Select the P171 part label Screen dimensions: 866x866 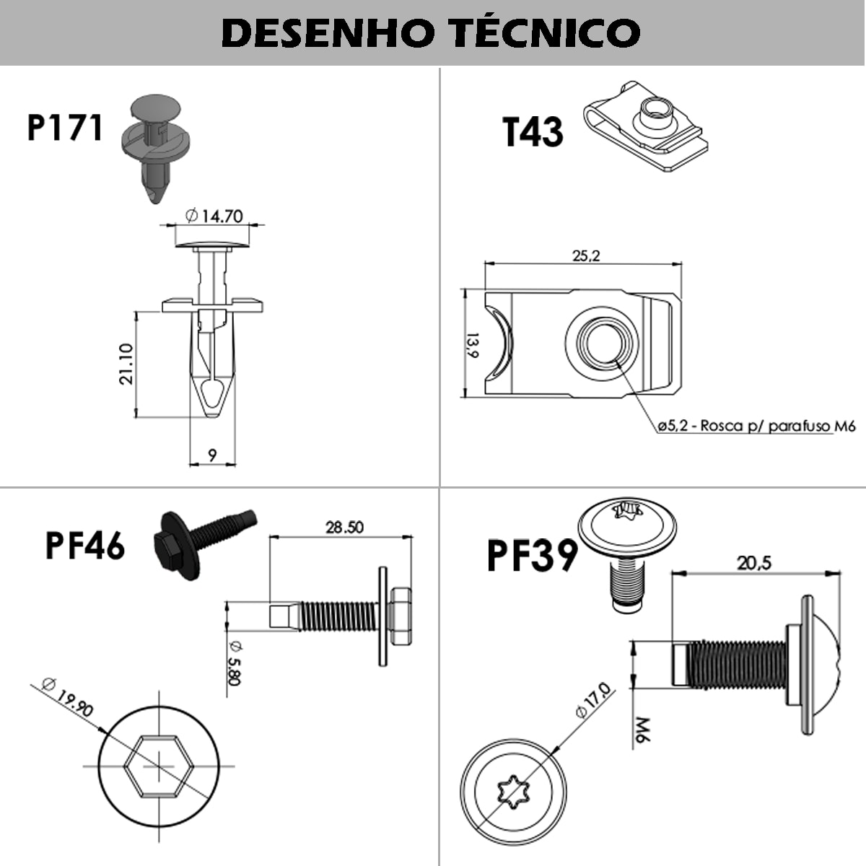pos(64,128)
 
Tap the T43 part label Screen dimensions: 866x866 pos(533,132)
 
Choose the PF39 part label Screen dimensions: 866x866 pos(532,556)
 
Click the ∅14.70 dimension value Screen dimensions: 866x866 pos(214,215)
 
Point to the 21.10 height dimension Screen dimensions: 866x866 pos(126,364)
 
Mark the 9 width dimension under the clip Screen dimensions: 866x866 pos(212,455)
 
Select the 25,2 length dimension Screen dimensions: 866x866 pos(586,255)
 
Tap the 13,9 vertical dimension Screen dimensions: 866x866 pos(471,345)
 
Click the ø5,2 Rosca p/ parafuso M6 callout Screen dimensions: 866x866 pos(756,427)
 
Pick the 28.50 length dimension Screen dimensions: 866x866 pos(344,528)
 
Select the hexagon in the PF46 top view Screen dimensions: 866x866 pos(159,766)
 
